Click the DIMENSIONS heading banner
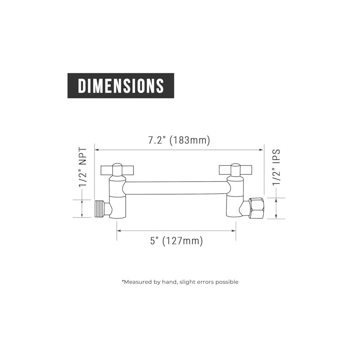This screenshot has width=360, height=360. tap(121, 85)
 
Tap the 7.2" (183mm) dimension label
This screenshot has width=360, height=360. tap(179, 140)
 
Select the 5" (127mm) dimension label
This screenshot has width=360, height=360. tap(176, 241)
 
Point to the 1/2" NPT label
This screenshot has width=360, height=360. tap(83, 167)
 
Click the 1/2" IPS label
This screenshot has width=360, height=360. tap(276, 167)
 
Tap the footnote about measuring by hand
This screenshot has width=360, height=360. tap(180, 282)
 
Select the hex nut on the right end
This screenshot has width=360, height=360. tap(257, 208)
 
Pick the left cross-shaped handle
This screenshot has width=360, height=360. tap(117, 170)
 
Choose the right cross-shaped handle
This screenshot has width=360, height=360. tap(235, 169)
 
